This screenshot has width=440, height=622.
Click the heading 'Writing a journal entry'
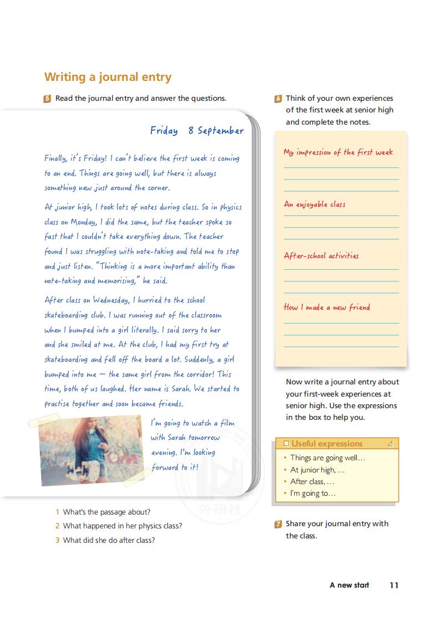[x=108, y=77]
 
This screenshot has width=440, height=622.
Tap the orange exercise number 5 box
[x=48, y=99]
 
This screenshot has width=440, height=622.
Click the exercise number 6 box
[x=278, y=99]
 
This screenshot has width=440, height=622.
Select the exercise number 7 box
[x=278, y=524]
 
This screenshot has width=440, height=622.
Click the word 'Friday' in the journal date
[x=164, y=131]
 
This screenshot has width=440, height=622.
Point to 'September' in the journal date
[x=221, y=131]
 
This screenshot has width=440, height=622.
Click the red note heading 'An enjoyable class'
[x=314, y=204]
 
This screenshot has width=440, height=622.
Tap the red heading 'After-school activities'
[x=321, y=256]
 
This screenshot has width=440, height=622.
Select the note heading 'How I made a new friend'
[x=326, y=307]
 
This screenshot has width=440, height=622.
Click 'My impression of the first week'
[x=338, y=152]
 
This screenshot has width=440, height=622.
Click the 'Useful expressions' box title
[x=326, y=444]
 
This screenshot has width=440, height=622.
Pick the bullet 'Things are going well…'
[x=328, y=458]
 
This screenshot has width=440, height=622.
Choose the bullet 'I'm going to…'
[x=313, y=494]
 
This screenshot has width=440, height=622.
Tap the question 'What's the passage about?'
[x=106, y=512]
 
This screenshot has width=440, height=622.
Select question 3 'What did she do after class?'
[x=109, y=540]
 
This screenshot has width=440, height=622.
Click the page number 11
[x=394, y=585]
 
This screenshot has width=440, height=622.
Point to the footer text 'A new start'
[x=349, y=585]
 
